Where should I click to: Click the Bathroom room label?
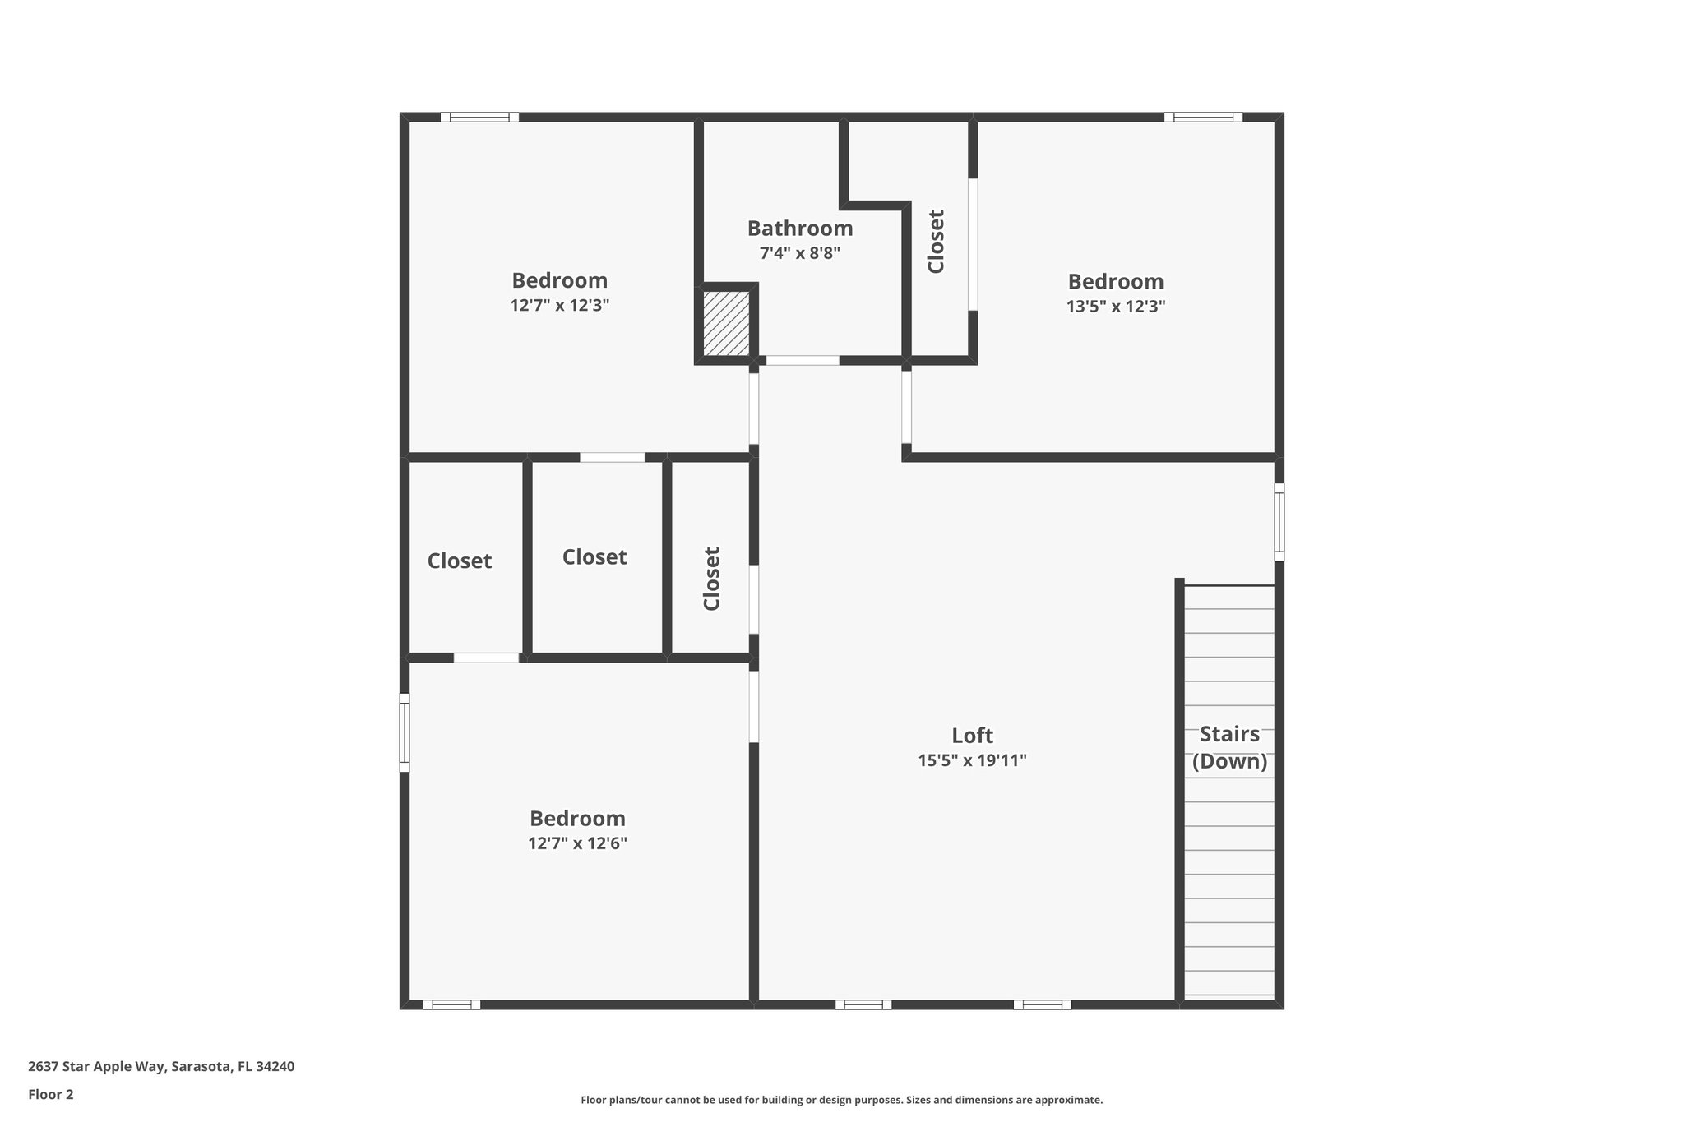pos(799,229)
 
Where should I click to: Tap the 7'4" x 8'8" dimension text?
pos(799,253)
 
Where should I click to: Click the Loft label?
pos(972,736)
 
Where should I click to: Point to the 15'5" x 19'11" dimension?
pos(972,760)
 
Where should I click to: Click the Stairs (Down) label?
pos(1229,747)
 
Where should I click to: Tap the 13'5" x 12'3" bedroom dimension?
pos(1115,307)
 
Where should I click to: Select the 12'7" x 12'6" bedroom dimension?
pos(577,843)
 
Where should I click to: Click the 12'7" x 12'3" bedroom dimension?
pos(559,306)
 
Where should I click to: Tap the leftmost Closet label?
pos(459,561)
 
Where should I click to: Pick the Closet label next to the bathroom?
pos(936,241)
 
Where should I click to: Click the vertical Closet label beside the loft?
pos(712,579)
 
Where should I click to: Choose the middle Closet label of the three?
pos(594,557)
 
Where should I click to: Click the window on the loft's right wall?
pos(1279,522)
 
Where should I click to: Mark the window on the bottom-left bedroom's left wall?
pos(405,732)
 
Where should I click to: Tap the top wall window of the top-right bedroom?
pos(1203,118)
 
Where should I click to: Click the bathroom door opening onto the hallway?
pos(803,360)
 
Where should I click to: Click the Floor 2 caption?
pos(51,1094)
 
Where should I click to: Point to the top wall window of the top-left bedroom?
pos(479,118)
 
